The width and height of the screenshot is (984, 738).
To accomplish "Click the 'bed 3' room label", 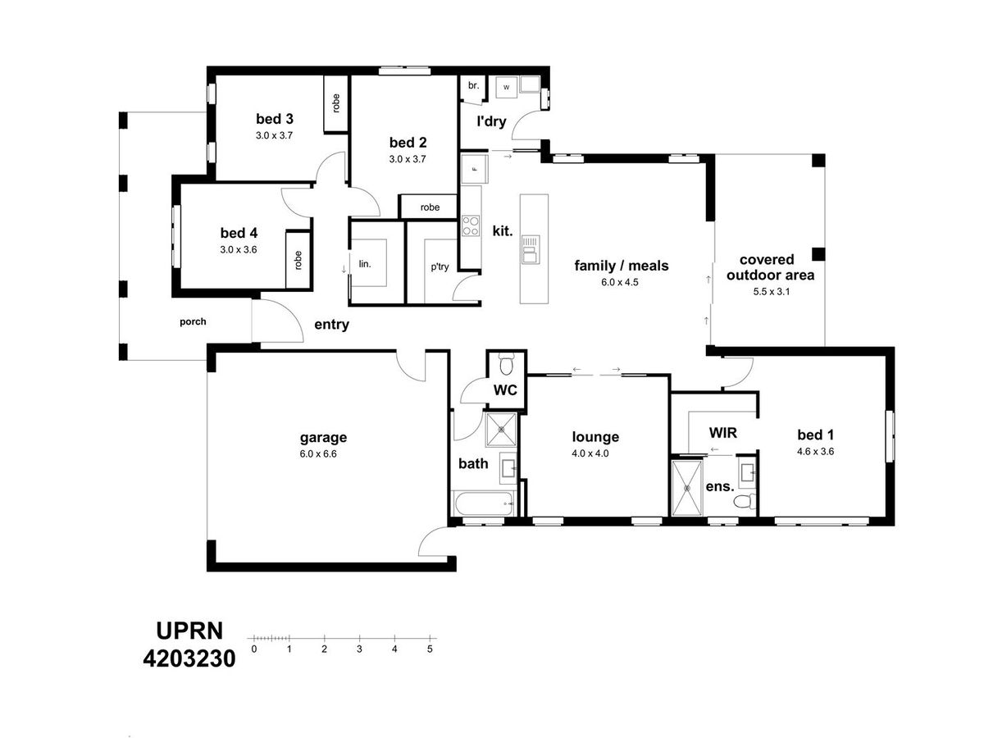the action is tap(275, 119).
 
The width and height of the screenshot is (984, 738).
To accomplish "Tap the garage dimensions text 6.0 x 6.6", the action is tap(318, 453).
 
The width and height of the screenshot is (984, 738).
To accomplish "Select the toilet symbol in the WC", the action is tap(507, 363).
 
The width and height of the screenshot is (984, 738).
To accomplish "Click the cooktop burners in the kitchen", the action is tap(471, 225).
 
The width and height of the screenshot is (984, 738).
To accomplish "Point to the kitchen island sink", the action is tap(531, 249).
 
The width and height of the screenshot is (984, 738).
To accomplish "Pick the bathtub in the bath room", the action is tap(484, 503).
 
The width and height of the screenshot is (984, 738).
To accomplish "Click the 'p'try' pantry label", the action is tap(440, 266).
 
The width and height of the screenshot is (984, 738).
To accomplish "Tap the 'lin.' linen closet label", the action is tap(365, 263).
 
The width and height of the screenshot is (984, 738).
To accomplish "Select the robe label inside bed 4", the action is tap(298, 260).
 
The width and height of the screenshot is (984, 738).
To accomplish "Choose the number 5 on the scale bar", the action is tap(430, 649).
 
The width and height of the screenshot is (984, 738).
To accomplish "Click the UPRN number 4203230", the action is tap(189, 658).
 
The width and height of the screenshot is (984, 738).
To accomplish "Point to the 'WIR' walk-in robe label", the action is tap(722, 432).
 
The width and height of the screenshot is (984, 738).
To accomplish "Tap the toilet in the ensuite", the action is tap(745, 501).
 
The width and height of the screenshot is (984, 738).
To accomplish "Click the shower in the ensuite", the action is tap(687, 487).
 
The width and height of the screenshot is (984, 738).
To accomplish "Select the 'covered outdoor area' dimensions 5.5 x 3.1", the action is tap(771, 291).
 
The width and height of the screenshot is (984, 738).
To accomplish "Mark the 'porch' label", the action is tap(193, 321).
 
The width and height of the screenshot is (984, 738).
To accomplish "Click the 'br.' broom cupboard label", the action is tap(473, 85).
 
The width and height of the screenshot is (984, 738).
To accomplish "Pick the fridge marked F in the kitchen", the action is tap(474, 169).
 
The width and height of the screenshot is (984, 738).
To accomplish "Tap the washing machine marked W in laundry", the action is tap(506, 88).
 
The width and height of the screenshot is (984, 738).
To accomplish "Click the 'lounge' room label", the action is tap(595, 436).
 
